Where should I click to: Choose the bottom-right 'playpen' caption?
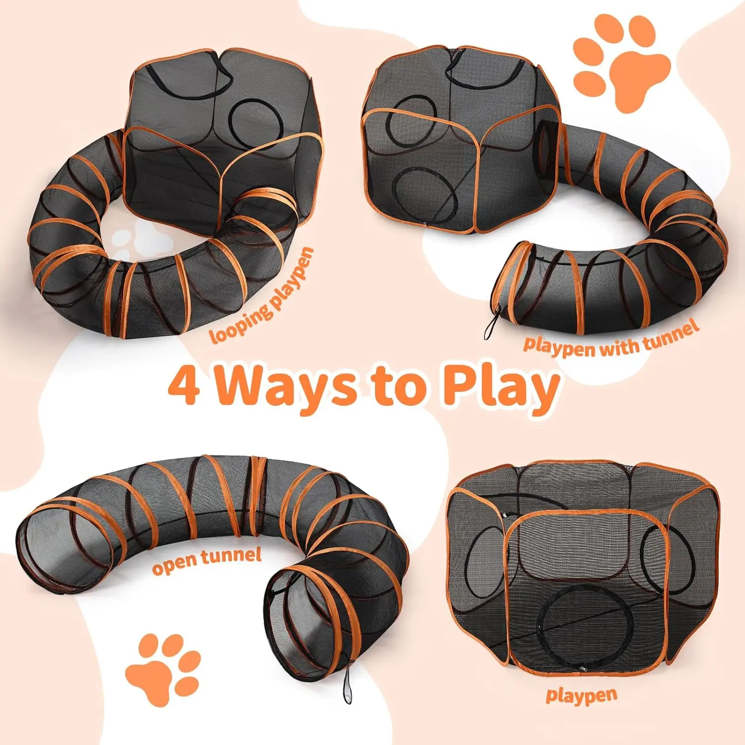582,695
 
